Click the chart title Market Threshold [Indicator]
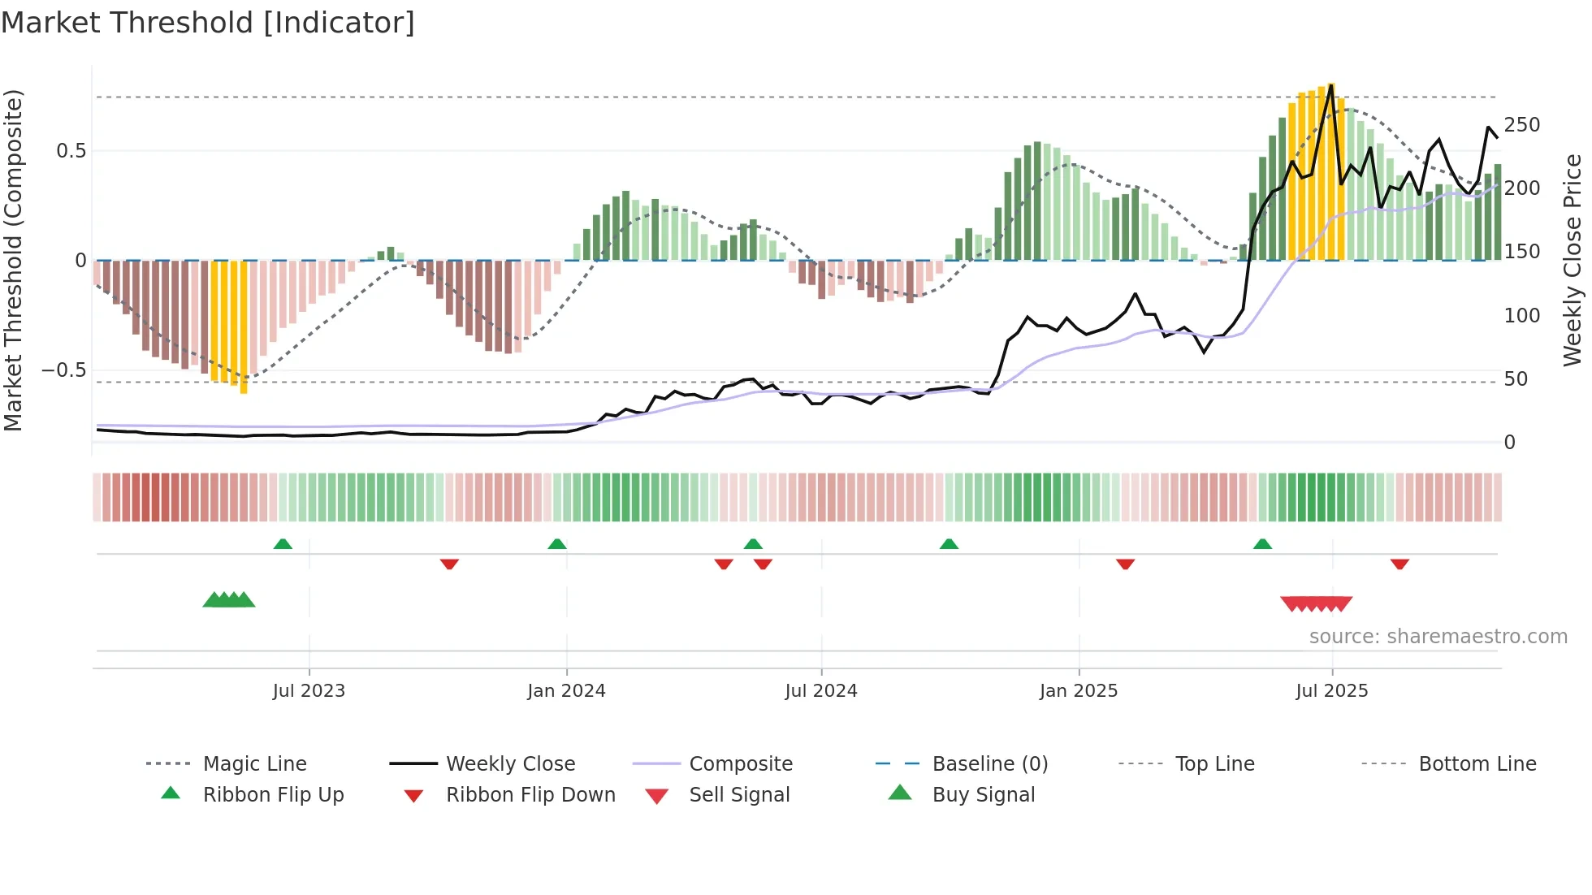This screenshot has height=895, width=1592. (208, 23)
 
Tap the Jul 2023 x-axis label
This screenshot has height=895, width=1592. (309, 691)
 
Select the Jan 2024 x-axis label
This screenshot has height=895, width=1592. (566, 691)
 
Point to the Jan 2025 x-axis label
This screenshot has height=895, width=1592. (1079, 691)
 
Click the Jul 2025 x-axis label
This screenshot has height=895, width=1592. (1332, 691)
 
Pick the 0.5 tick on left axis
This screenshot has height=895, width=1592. (71, 151)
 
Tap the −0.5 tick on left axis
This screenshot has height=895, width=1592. (64, 370)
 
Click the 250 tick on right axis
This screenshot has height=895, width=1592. (1521, 125)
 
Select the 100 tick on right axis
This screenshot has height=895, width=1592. (1521, 316)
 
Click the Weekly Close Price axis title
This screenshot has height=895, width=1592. (1573, 260)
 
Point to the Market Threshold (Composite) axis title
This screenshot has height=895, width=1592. (13, 260)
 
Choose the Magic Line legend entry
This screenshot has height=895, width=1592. (254, 764)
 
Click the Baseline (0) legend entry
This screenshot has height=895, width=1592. (989, 764)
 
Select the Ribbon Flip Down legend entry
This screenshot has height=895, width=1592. (530, 795)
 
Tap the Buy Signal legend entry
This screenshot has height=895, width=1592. (983, 795)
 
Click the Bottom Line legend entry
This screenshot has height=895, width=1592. (1477, 764)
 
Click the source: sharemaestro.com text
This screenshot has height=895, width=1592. (1438, 637)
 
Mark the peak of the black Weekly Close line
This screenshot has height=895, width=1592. (1331, 84)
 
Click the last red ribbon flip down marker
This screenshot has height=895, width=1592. (1399, 564)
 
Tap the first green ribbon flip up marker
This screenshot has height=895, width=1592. (283, 544)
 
